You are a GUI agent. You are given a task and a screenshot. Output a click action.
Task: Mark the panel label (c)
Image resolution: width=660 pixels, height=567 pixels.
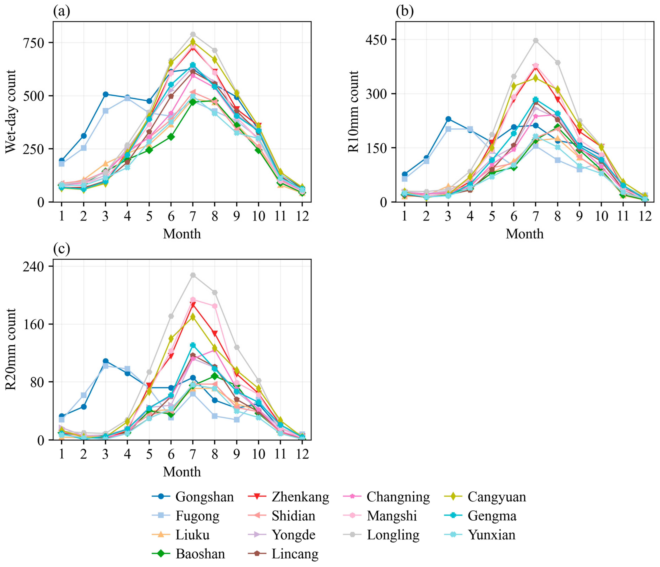pos(61,249)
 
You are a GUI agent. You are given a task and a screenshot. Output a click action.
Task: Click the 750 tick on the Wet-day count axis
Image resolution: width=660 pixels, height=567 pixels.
pos(34,43)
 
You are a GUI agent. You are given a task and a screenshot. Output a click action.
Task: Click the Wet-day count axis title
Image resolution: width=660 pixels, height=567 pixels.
pos(11,111)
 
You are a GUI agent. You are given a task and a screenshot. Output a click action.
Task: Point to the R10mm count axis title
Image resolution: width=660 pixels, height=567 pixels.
pos(354,111)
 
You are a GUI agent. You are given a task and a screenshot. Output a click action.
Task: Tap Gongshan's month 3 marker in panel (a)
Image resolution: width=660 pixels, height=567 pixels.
pos(105,94)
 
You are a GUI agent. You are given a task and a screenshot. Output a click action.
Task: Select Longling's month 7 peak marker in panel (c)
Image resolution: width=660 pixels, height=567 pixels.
pos(193,275)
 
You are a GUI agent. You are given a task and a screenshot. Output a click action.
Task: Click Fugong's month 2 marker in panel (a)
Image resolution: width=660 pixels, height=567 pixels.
pos(83,148)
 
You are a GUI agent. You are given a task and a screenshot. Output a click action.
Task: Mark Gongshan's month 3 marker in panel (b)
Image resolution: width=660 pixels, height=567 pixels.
pos(448,119)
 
